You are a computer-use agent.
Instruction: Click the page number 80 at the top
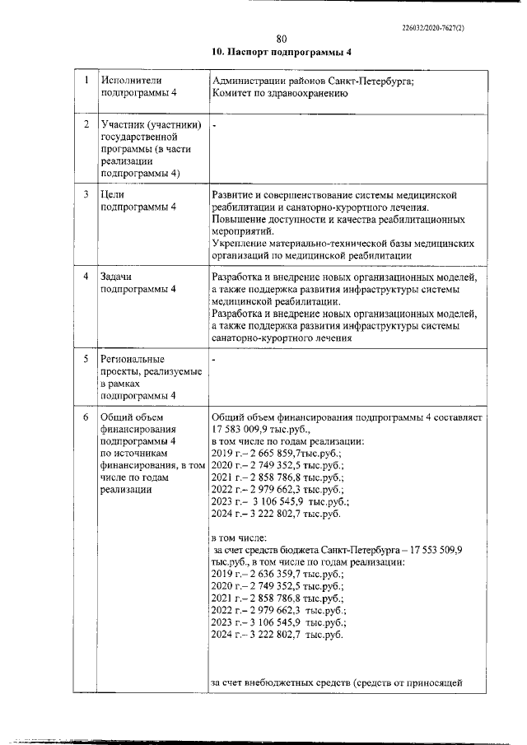click(282, 39)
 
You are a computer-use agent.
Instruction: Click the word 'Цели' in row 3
click(112, 194)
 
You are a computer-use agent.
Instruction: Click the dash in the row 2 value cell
click(214, 125)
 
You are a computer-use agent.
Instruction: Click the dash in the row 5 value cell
click(214, 360)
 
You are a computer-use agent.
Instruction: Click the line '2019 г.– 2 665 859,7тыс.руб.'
click(276, 454)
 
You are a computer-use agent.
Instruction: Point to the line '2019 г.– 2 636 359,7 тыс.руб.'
click(277, 573)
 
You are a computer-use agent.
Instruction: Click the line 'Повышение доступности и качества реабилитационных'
click(338, 220)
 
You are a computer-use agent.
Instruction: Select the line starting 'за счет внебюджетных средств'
click(338, 682)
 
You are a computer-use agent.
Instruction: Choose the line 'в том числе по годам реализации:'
click(282, 442)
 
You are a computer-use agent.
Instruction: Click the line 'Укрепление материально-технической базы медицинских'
click(343, 244)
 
